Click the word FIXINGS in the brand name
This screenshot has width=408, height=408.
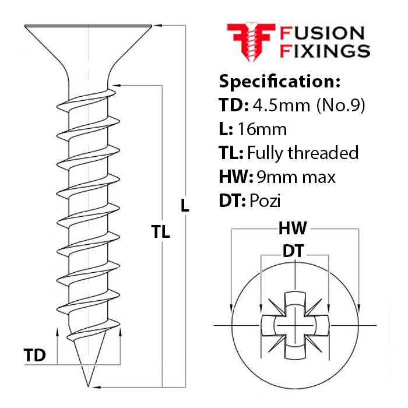[325, 50]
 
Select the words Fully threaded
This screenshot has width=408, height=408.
[303, 153]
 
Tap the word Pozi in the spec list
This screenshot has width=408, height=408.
[265, 201]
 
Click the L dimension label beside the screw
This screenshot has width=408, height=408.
[185, 205]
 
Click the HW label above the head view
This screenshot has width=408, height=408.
[295, 228]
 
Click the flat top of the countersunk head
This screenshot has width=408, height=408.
[89, 25]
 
